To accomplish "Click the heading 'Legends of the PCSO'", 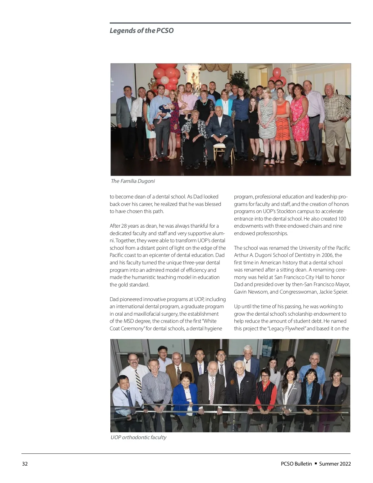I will [141, 30].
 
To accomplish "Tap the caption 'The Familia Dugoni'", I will [133, 181].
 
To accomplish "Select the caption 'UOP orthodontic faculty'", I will [138, 437].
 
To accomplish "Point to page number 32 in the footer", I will [25, 464].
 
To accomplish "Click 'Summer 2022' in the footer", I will [335, 464].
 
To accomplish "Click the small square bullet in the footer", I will [315, 463].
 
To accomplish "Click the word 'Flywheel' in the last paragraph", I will [295, 328].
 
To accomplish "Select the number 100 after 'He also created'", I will [342, 219].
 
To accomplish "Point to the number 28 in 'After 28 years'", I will [127, 226].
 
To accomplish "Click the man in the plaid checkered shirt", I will [336, 107].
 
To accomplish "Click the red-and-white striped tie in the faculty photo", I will [212, 389].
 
